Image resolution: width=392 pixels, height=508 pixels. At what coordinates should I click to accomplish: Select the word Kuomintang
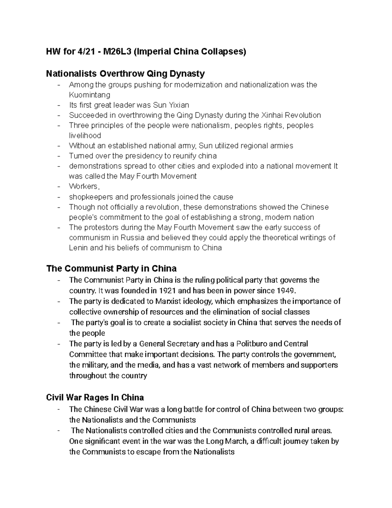[x=90, y=95]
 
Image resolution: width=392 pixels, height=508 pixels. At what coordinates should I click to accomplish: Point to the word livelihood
[x=85, y=135]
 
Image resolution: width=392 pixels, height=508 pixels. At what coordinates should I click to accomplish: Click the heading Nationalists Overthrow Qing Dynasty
[x=125, y=74]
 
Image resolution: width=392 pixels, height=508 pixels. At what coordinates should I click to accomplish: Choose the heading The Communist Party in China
[x=111, y=269]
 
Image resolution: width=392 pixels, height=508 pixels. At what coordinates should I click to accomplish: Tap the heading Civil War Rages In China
[x=95, y=397]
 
